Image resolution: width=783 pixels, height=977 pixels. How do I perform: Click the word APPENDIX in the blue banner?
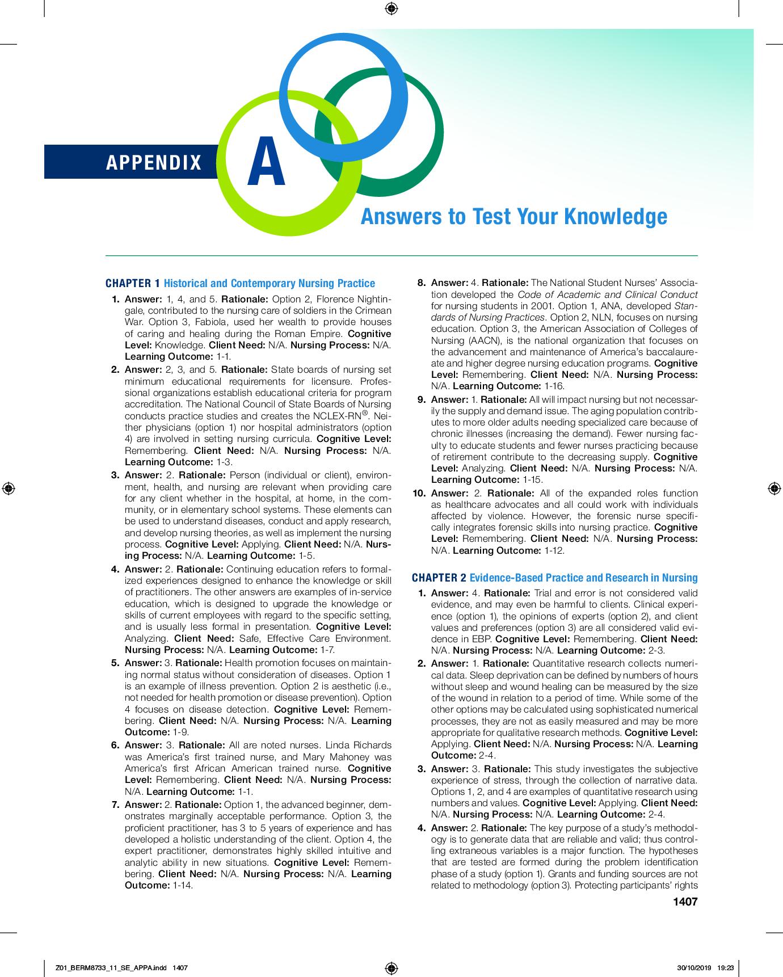coord(154,163)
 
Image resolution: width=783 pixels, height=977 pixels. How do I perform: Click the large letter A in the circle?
coord(266,163)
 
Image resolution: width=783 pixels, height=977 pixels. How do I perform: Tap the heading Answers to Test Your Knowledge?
coord(513,216)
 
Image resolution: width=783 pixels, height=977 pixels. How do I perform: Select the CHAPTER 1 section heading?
coord(240,283)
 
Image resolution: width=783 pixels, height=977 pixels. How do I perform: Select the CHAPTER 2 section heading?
coord(554,578)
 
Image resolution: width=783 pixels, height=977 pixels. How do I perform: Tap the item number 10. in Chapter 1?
coord(419,493)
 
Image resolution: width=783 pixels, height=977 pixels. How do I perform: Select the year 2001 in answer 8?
coord(544,306)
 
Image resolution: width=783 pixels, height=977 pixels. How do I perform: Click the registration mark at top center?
coord(391,9)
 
